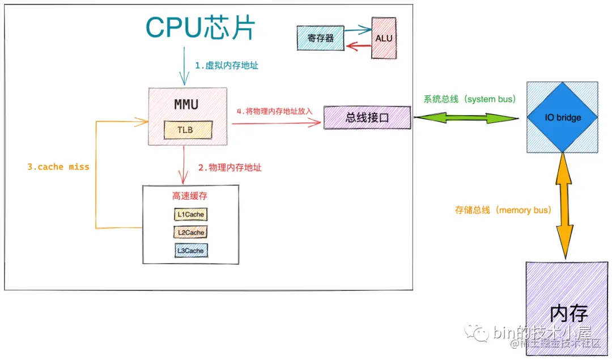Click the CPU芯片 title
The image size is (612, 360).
201,27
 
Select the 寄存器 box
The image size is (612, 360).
321,39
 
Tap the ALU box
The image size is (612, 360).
384,39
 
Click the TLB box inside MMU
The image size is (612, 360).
187,130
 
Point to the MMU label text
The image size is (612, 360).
186,105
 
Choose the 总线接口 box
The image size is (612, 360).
367,117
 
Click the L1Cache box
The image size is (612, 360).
190,215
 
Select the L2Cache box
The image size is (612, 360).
190,232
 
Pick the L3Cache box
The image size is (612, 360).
190,250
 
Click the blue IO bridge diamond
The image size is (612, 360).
562,117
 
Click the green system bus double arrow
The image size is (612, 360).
465,118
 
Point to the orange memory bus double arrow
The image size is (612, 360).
563,207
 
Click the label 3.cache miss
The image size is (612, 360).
58,167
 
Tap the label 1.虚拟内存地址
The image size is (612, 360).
227,66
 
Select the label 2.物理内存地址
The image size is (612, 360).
229,168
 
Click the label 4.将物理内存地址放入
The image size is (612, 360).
274,111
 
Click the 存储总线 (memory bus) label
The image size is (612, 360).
503,210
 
